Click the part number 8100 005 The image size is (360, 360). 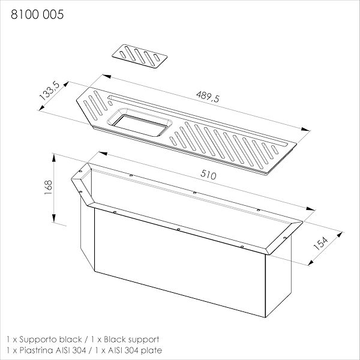pos(37,14)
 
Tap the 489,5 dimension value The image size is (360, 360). pos(208,97)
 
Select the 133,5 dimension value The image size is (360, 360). pos(49,91)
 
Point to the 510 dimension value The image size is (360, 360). pos(208,175)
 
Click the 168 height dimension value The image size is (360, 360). pos(49,187)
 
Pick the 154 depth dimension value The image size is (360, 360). pos(320,244)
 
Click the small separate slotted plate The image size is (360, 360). pos(140,56)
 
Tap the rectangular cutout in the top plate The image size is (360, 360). pos(139,122)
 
